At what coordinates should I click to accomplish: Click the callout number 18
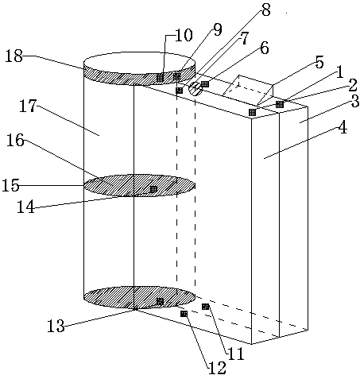(x=14, y=56)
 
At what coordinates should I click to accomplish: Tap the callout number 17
(x=27, y=106)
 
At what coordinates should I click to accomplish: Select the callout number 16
(x=15, y=140)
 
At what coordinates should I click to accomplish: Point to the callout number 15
(x=10, y=185)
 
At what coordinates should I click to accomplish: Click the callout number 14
(x=25, y=207)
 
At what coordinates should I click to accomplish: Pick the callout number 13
(x=56, y=326)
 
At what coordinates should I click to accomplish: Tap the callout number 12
(x=218, y=367)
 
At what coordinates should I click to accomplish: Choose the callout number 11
(x=236, y=354)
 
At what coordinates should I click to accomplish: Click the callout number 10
(x=184, y=35)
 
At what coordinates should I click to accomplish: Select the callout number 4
(x=343, y=128)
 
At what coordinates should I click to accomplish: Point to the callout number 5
(x=319, y=63)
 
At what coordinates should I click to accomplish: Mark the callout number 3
(x=354, y=101)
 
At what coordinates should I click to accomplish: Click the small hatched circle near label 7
(x=195, y=88)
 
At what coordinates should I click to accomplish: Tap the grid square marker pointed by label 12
(x=184, y=314)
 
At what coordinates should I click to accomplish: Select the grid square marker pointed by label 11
(x=206, y=307)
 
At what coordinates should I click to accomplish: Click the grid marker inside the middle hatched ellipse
(x=153, y=189)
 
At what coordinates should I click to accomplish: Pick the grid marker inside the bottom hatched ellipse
(x=160, y=301)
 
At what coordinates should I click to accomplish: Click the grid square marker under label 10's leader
(x=160, y=78)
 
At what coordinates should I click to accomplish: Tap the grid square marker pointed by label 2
(x=280, y=104)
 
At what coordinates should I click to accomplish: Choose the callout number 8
(x=265, y=10)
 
